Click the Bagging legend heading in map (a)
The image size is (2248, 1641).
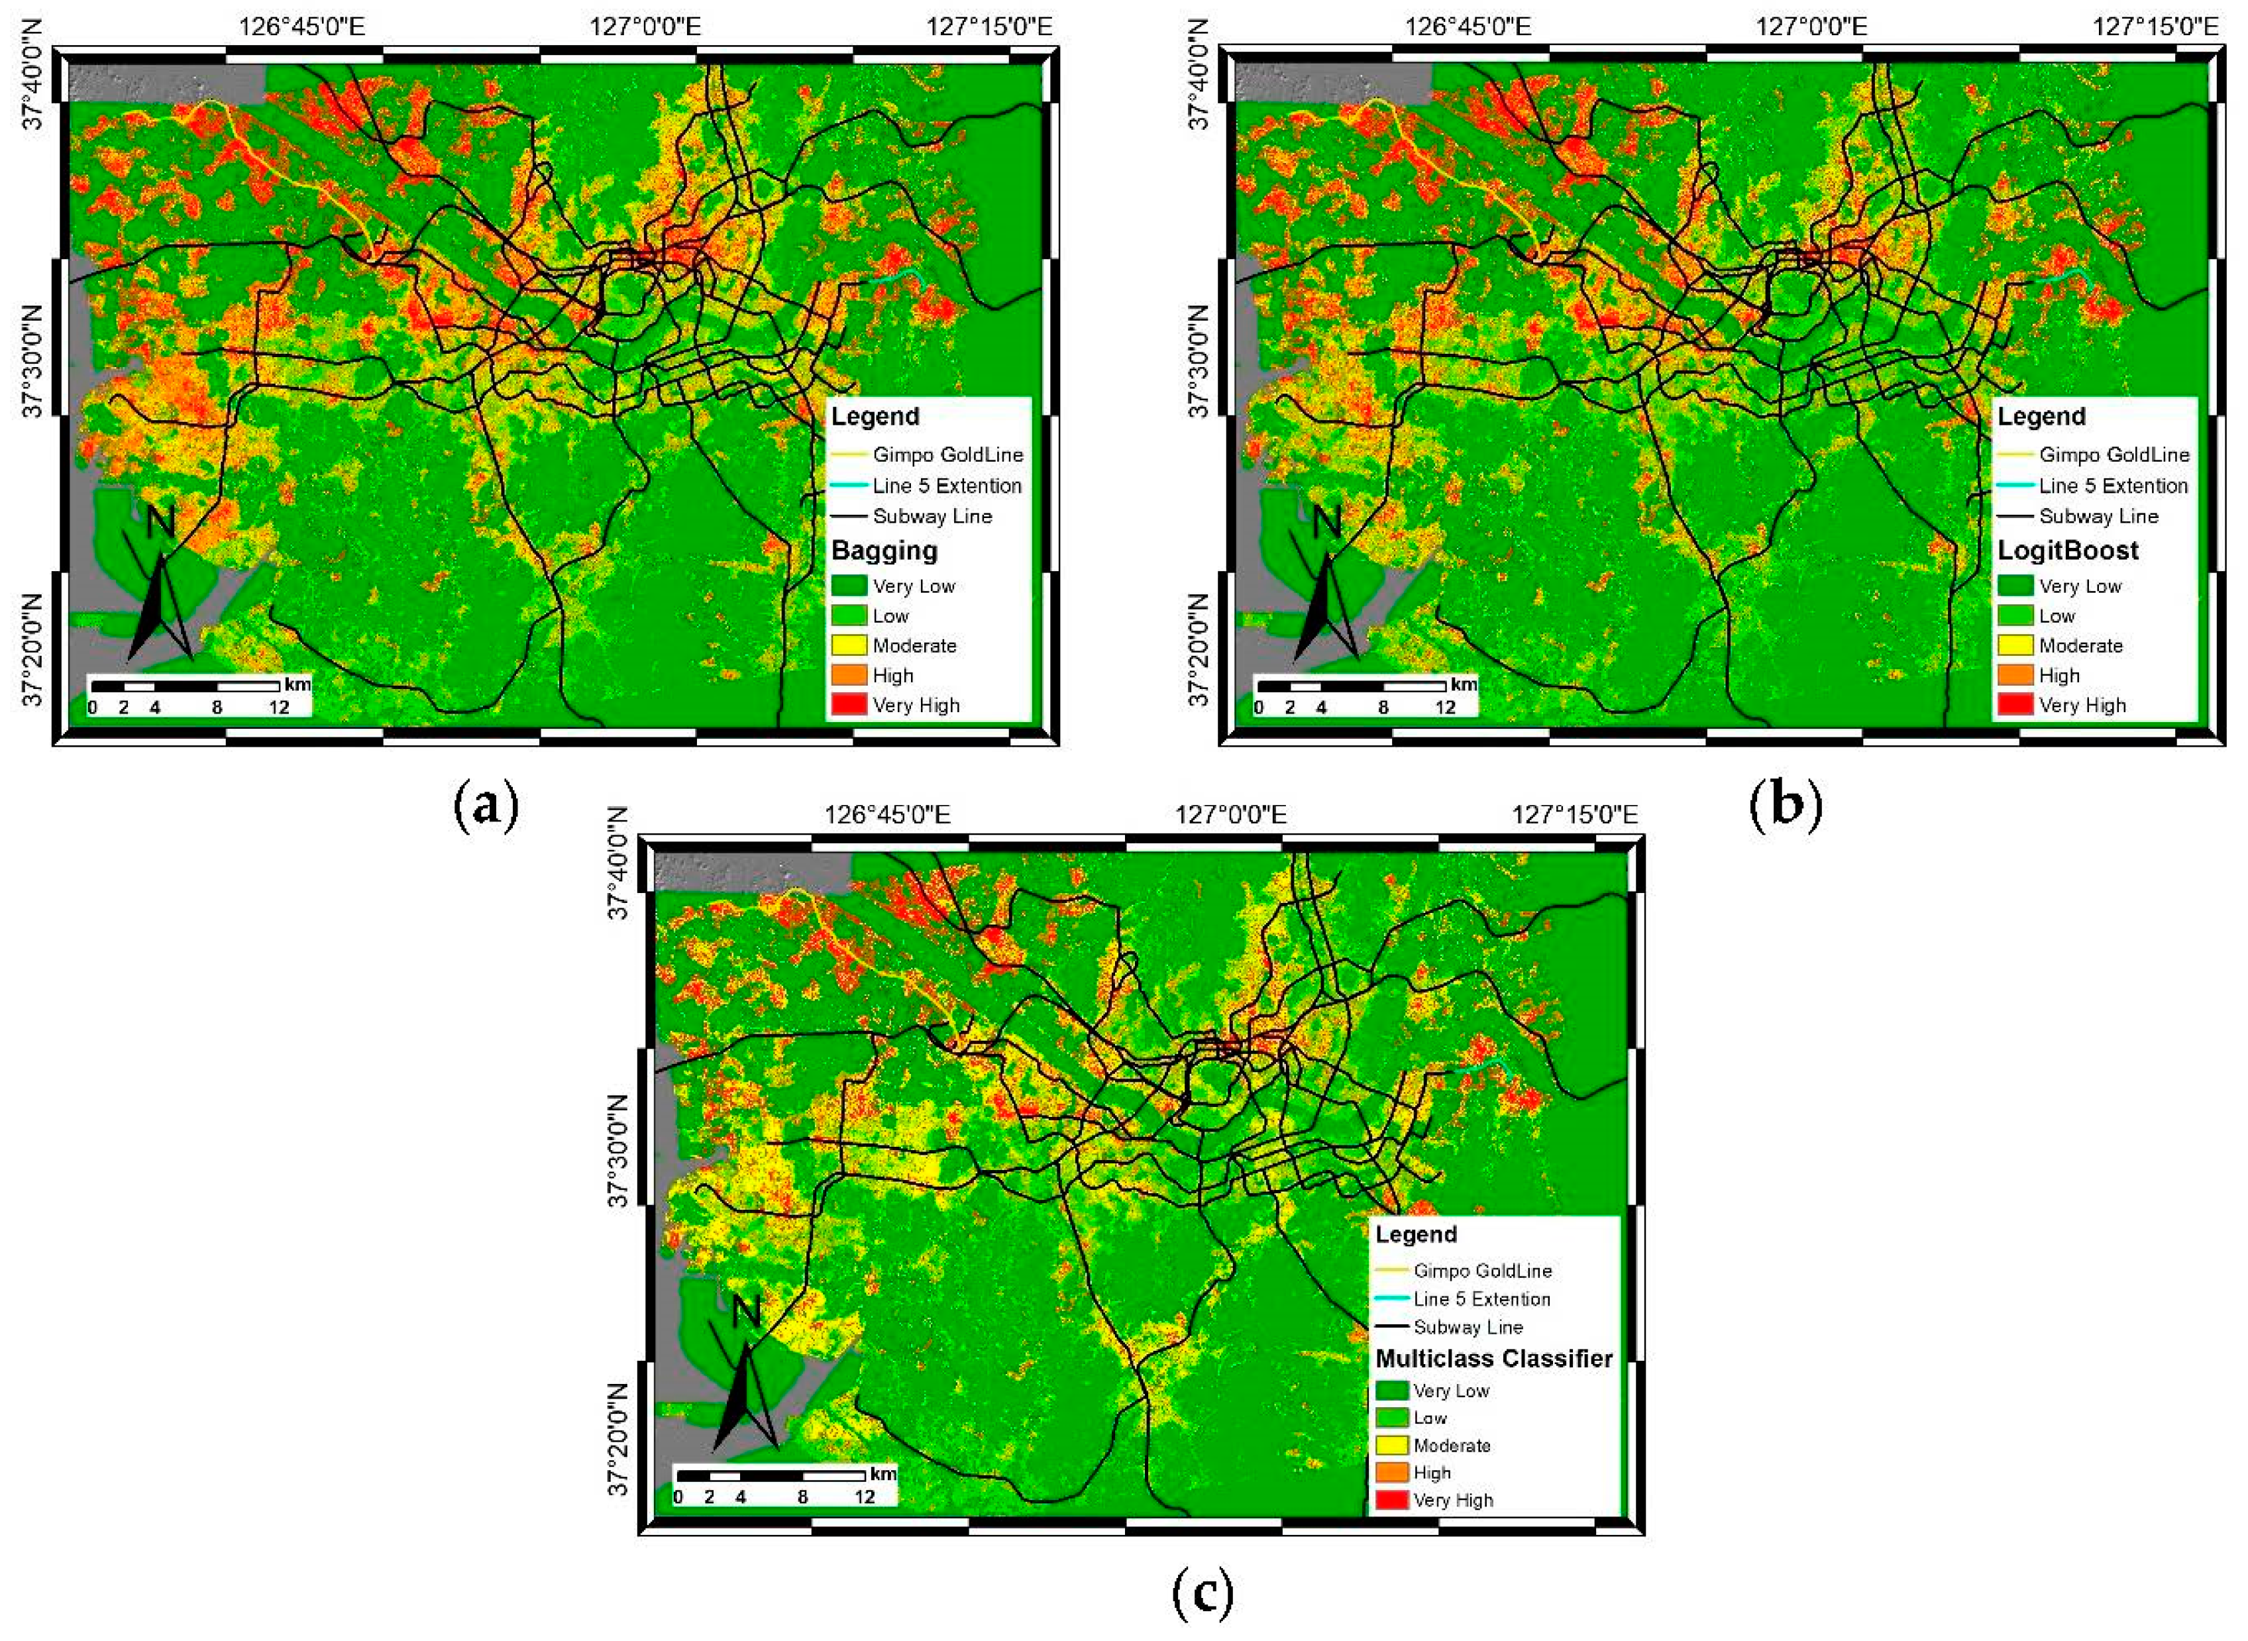[x=884, y=551]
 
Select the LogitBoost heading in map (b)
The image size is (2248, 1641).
[x=2068, y=551]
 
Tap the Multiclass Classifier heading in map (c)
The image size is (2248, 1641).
[x=1493, y=1358]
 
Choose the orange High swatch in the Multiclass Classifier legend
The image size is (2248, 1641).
[x=1392, y=1472]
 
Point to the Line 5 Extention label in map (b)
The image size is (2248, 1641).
[x=2113, y=486]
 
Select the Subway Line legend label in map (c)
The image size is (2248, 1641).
[x=1468, y=1326]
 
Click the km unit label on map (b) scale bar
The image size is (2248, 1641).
[x=1464, y=684]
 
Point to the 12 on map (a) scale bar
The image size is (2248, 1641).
[x=279, y=708]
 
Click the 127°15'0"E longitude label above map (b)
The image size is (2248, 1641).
[x=2155, y=26]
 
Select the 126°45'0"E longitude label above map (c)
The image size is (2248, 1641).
[x=886, y=815]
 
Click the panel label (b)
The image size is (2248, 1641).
[x=1785, y=804]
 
